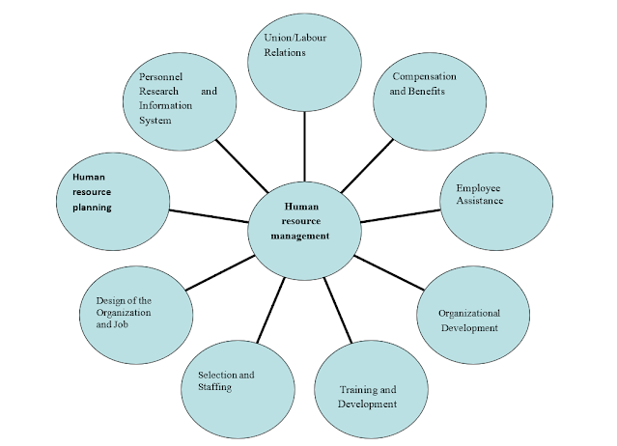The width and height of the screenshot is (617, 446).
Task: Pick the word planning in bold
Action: (92, 207)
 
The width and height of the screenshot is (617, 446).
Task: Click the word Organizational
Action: (468, 314)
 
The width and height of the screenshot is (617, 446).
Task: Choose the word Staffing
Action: (214, 387)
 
